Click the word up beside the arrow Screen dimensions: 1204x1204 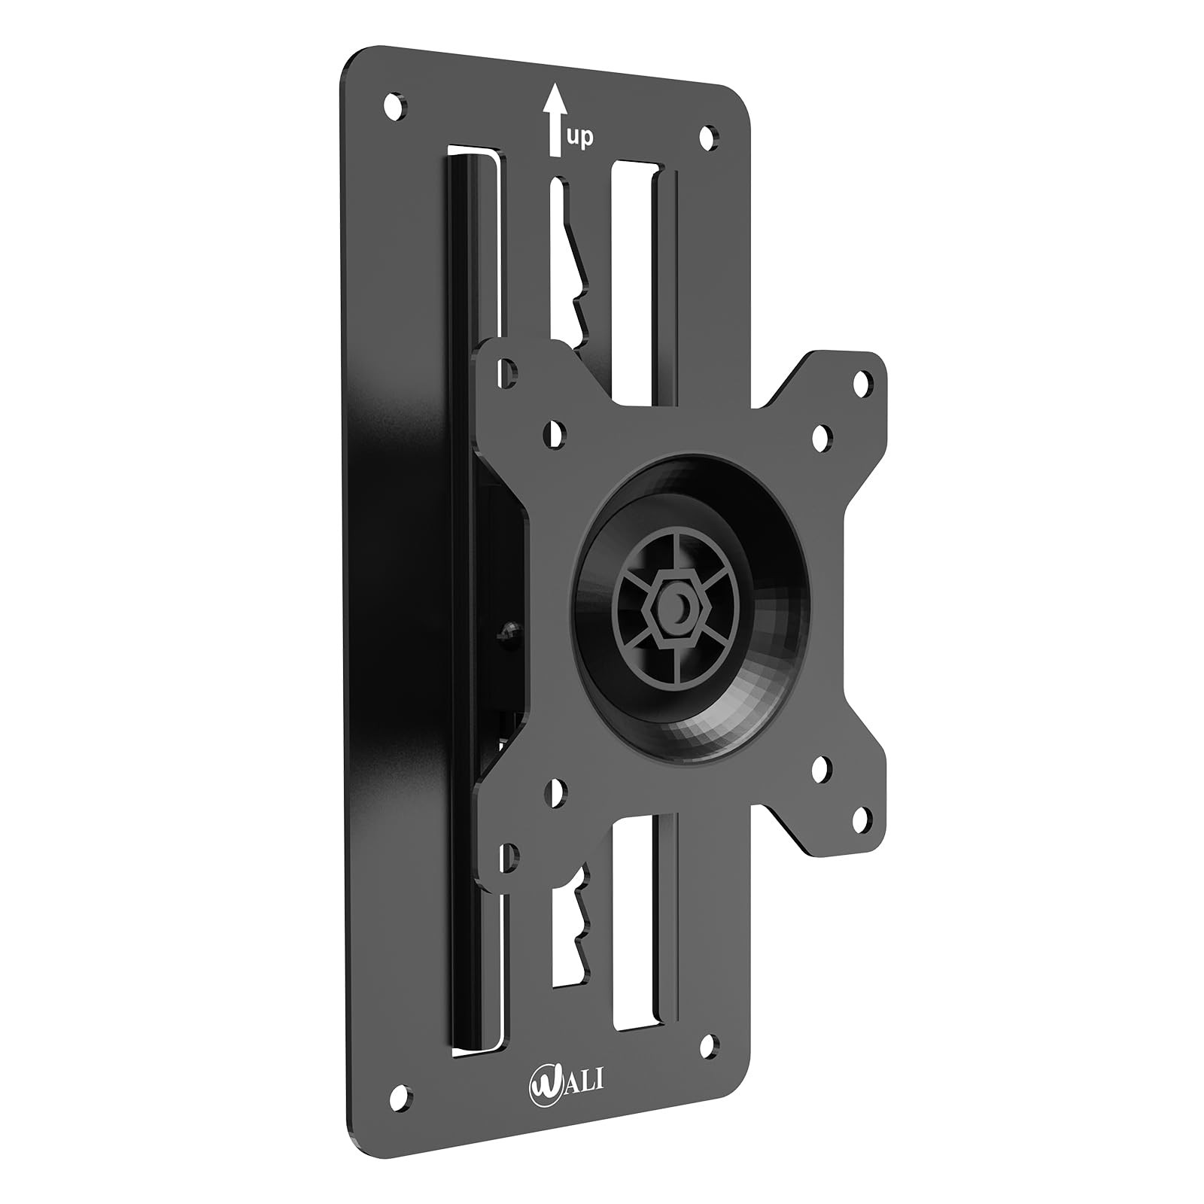click(580, 138)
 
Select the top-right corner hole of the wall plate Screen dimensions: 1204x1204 click(708, 136)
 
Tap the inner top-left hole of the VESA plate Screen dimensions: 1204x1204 click(555, 433)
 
